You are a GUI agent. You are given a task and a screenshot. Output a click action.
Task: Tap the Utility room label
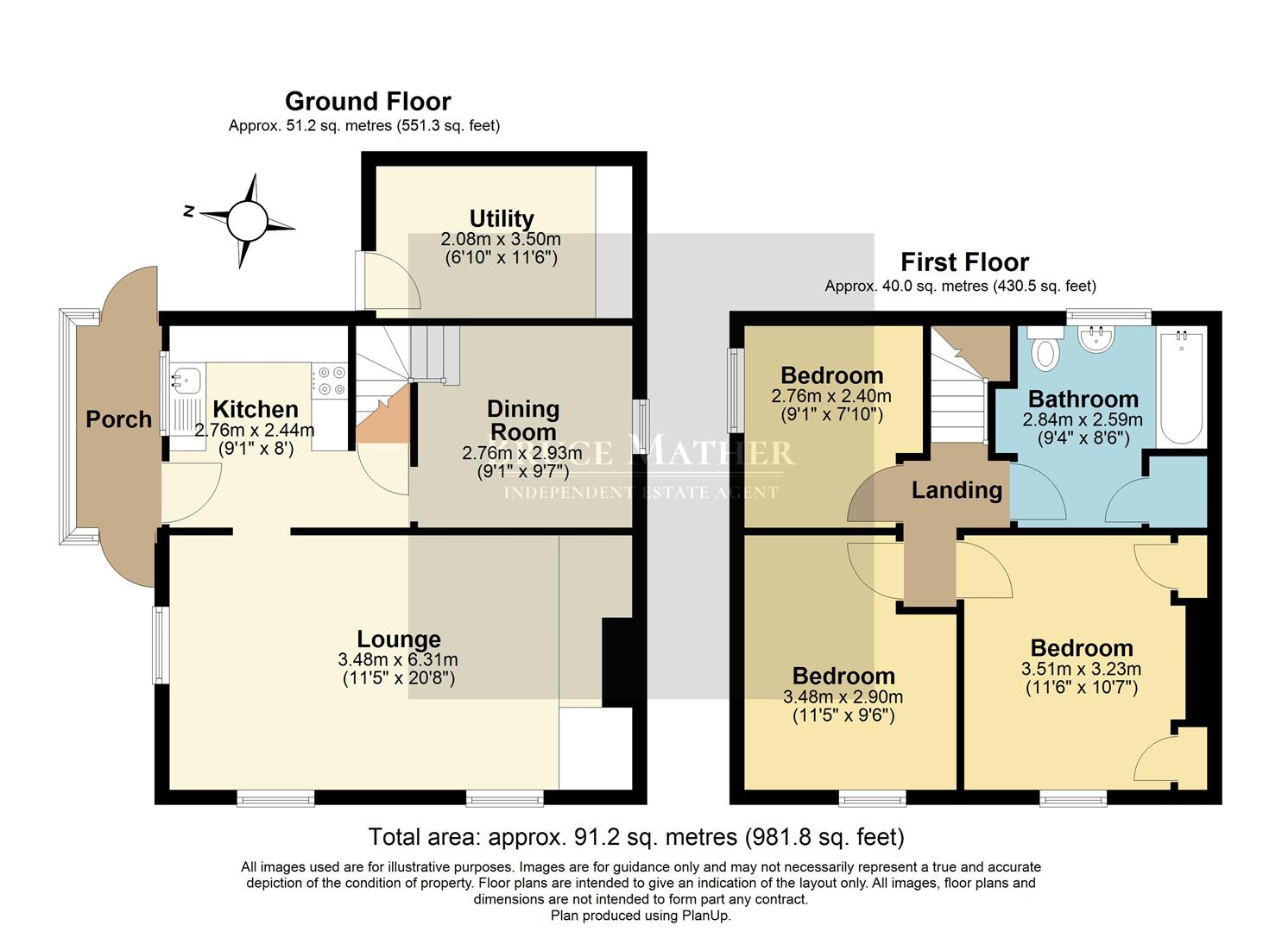[x=502, y=218]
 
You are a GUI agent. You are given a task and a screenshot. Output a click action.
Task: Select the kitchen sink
[x=186, y=377]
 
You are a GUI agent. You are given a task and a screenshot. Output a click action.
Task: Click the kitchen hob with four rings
[x=329, y=381]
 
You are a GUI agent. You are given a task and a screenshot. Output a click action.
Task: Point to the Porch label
[x=118, y=420]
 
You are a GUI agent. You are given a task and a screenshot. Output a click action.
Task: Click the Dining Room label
[x=523, y=420]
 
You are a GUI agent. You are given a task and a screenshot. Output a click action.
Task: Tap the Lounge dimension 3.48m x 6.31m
[x=398, y=660]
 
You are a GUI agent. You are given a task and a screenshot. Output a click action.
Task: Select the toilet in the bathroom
[x=1046, y=350]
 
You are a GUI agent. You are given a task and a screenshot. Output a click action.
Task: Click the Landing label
[x=957, y=491]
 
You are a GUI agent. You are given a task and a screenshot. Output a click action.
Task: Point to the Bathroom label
[x=1083, y=400]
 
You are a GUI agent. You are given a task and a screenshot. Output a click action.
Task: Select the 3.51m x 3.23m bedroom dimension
[x=1081, y=669]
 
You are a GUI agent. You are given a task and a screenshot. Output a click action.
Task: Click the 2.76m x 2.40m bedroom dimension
[x=830, y=396]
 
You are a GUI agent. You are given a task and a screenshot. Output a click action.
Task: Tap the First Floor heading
[x=964, y=262]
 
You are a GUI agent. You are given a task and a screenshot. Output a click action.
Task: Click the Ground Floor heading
[x=368, y=102]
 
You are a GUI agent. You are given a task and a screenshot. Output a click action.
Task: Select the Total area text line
[x=636, y=836]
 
